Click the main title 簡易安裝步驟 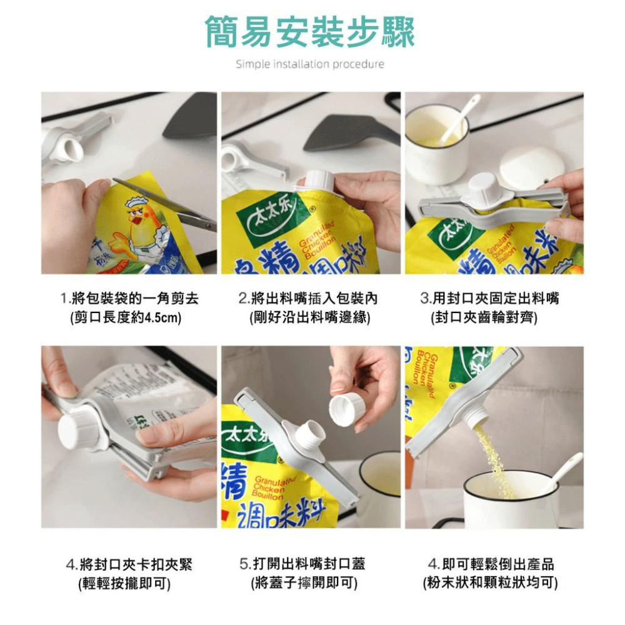[x=310, y=32]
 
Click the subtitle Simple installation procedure [x=310, y=64]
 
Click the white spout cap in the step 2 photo [x=319, y=181]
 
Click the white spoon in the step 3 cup [x=459, y=119]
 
